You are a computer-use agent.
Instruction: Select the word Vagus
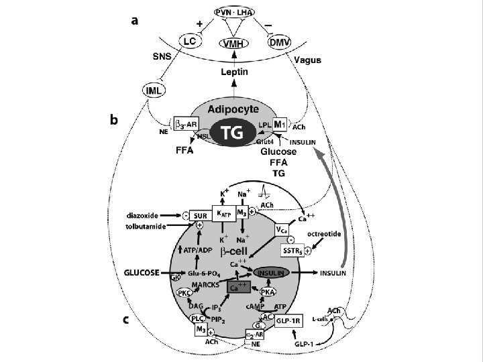point(307,60)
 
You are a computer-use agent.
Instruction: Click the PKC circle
point(183,293)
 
